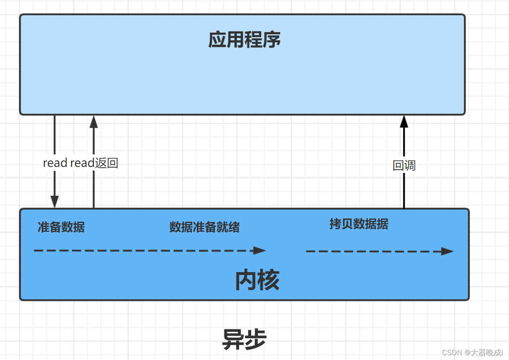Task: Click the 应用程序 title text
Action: click(244, 40)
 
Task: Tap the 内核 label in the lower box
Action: click(257, 281)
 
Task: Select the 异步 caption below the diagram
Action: click(244, 339)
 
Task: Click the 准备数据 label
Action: click(61, 227)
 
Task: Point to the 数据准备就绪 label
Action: click(204, 227)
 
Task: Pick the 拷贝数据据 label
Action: click(359, 224)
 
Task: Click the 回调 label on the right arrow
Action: click(404, 165)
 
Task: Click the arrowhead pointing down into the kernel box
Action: click(54, 202)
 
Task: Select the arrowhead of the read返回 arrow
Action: click(93, 122)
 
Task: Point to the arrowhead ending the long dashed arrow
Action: click(260, 250)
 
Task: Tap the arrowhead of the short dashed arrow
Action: click(447, 251)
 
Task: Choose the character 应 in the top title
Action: click(217, 40)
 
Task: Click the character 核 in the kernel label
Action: click(268, 281)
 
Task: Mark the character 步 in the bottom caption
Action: click(256, 339)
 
